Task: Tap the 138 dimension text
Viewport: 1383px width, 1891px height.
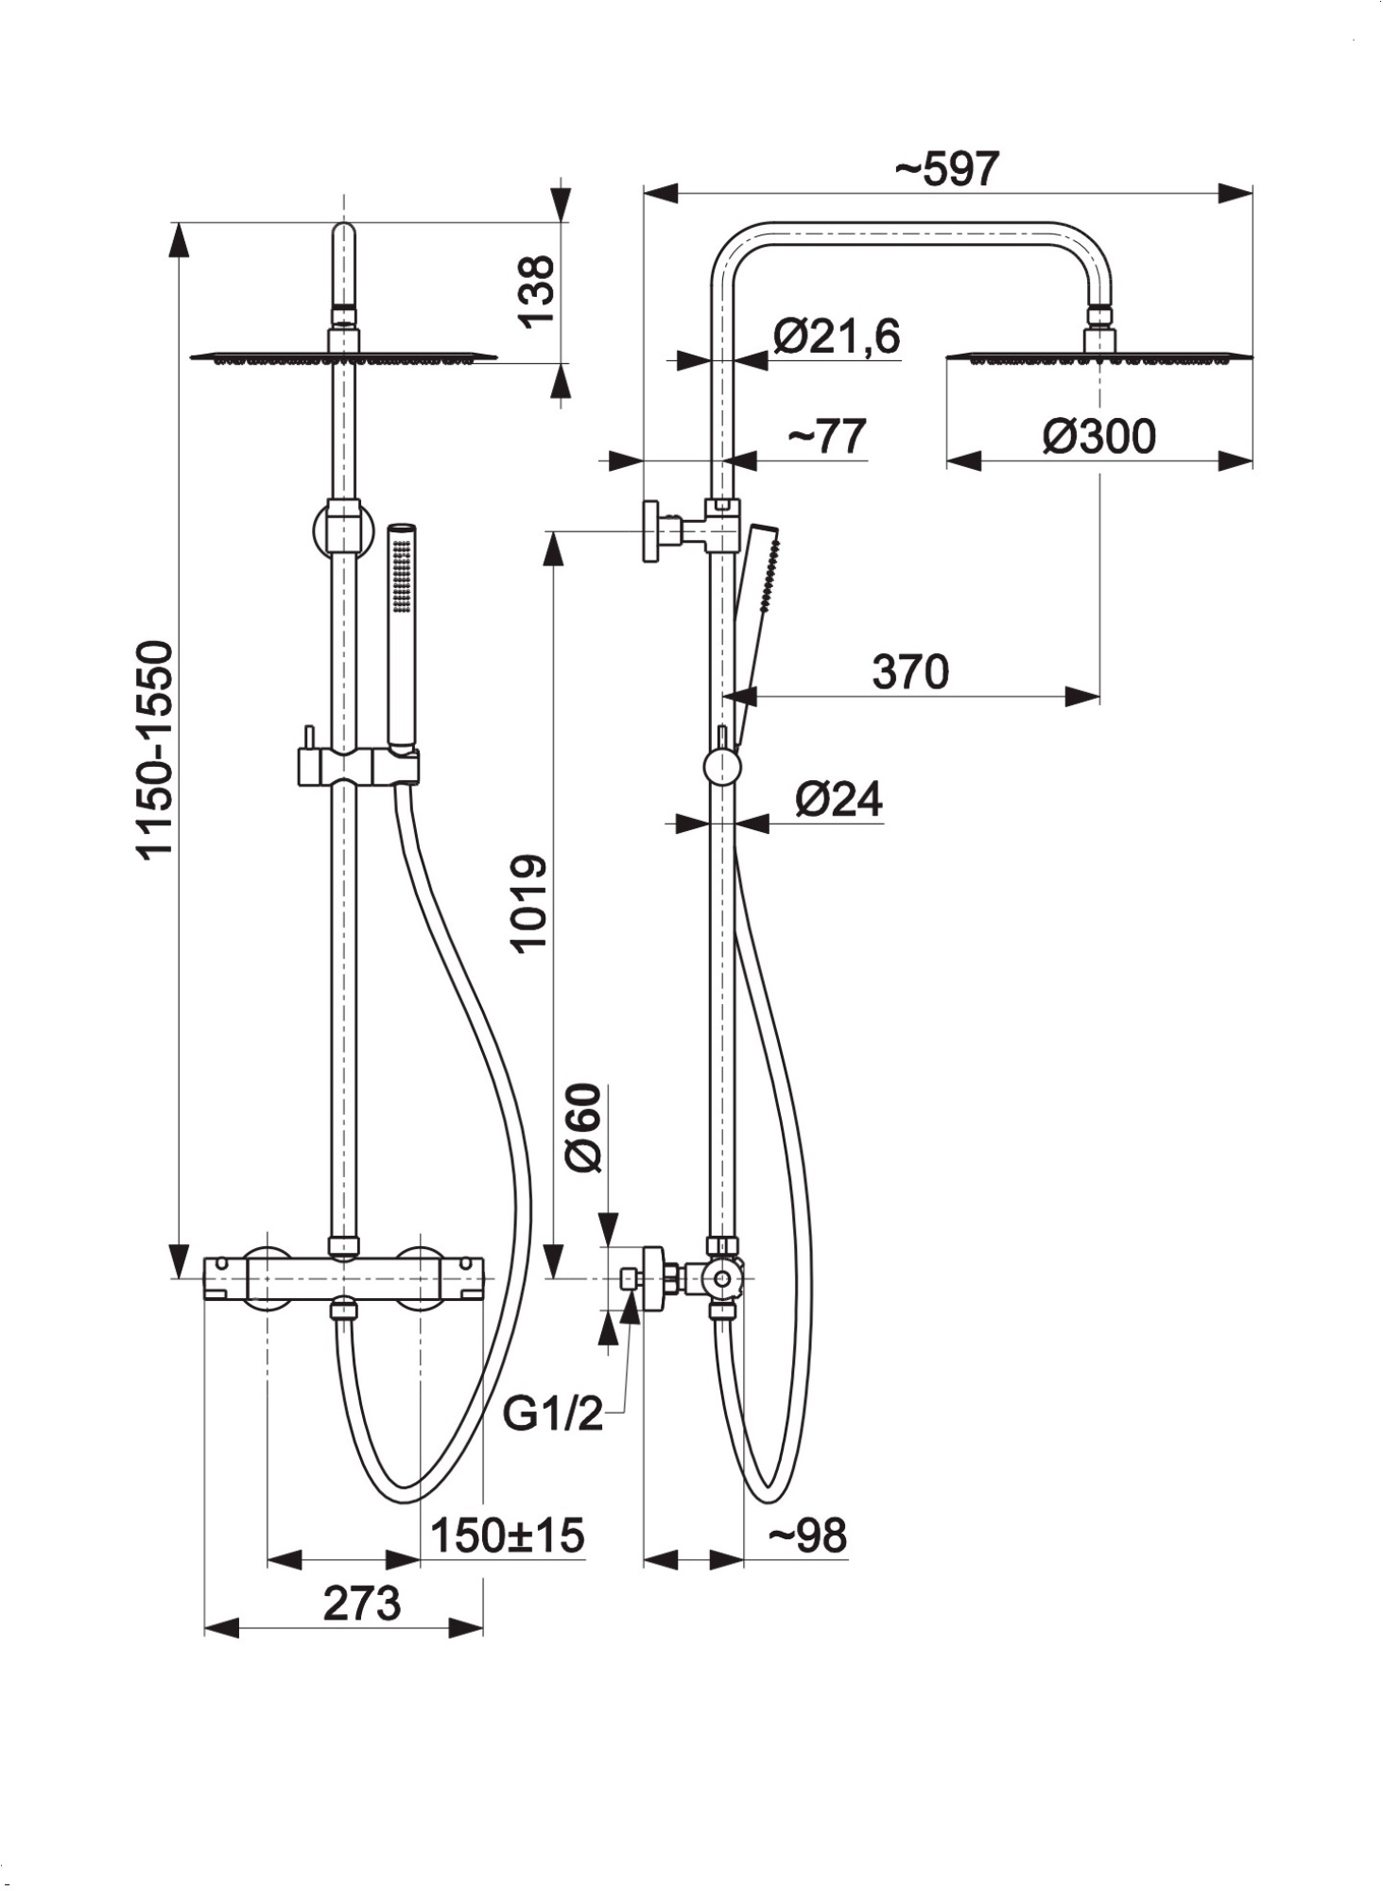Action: (x=538, y=290)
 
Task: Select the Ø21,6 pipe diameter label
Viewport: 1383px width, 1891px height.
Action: (x=836, y=338)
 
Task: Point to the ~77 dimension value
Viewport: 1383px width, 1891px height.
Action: (x=826, y=437)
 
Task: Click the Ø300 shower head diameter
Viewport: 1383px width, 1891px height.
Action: (x=1098, y=437)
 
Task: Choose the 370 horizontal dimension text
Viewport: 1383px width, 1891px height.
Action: (x=909, y=672)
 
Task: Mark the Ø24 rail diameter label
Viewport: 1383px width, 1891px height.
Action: (x=838, y=800)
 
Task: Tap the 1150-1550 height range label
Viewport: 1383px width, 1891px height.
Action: (x=155, y=750)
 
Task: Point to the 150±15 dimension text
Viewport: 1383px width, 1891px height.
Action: (x=507, y=1535)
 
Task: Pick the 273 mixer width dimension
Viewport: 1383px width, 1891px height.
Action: (x=361, y=1604)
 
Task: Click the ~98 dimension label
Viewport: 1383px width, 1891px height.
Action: (x=806, y=1535)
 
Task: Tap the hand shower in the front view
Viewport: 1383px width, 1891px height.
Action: (x=403, y=633)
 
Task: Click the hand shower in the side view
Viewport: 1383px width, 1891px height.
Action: (x=756, y=605)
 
